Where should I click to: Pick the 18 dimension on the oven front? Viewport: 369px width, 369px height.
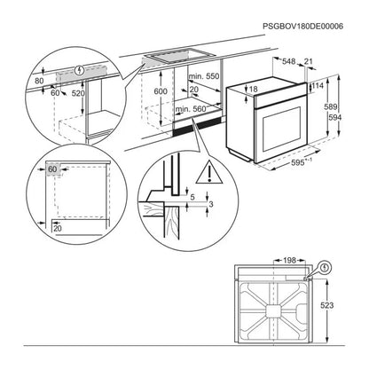pyautogui.click(x=254, y=90)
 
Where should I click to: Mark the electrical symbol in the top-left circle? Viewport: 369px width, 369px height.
pyautogui.click(x=81, y=67)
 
